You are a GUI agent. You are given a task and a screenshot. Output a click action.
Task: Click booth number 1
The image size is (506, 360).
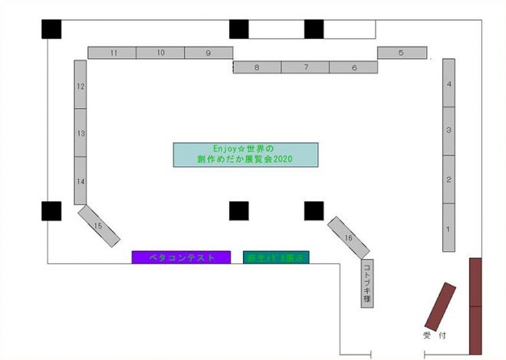[x=449, y=227]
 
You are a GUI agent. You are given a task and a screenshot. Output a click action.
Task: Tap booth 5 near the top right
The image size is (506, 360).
[x=402, y=53]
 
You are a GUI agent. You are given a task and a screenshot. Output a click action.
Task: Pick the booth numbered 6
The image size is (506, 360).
[x=353, y=67]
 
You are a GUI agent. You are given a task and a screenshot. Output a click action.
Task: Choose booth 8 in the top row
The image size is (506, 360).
[x=257, y=67]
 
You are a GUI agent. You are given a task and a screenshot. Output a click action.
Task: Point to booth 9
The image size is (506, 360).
[x=208, y=53]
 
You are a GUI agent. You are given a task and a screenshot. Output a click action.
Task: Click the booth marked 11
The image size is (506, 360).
[x=113, y=53]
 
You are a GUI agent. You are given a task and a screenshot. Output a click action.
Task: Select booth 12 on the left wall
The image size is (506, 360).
[x=80, y=86]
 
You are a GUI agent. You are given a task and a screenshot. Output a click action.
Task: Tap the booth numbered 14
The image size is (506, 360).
[x=80, y=181]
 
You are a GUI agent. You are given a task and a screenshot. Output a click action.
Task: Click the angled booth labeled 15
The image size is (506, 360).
[x=99, y=226]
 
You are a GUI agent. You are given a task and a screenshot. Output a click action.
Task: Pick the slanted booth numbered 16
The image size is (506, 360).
[x=348, y=237]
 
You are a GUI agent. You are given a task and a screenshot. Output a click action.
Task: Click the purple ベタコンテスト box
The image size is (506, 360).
[x=181, y=257]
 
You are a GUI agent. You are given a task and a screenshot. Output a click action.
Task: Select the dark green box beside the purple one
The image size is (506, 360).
[x=276, y=257]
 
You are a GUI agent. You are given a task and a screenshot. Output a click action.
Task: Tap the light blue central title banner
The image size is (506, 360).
[x=245, y=155]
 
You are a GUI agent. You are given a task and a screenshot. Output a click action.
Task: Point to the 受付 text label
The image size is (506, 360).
[x=434, y=335]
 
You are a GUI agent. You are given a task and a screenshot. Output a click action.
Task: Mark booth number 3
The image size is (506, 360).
[x=449, y=131]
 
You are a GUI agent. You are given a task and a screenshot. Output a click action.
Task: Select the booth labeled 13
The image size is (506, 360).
[x=80, y=133]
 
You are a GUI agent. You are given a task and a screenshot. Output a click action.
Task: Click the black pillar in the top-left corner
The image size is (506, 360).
[x=51, y=28]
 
